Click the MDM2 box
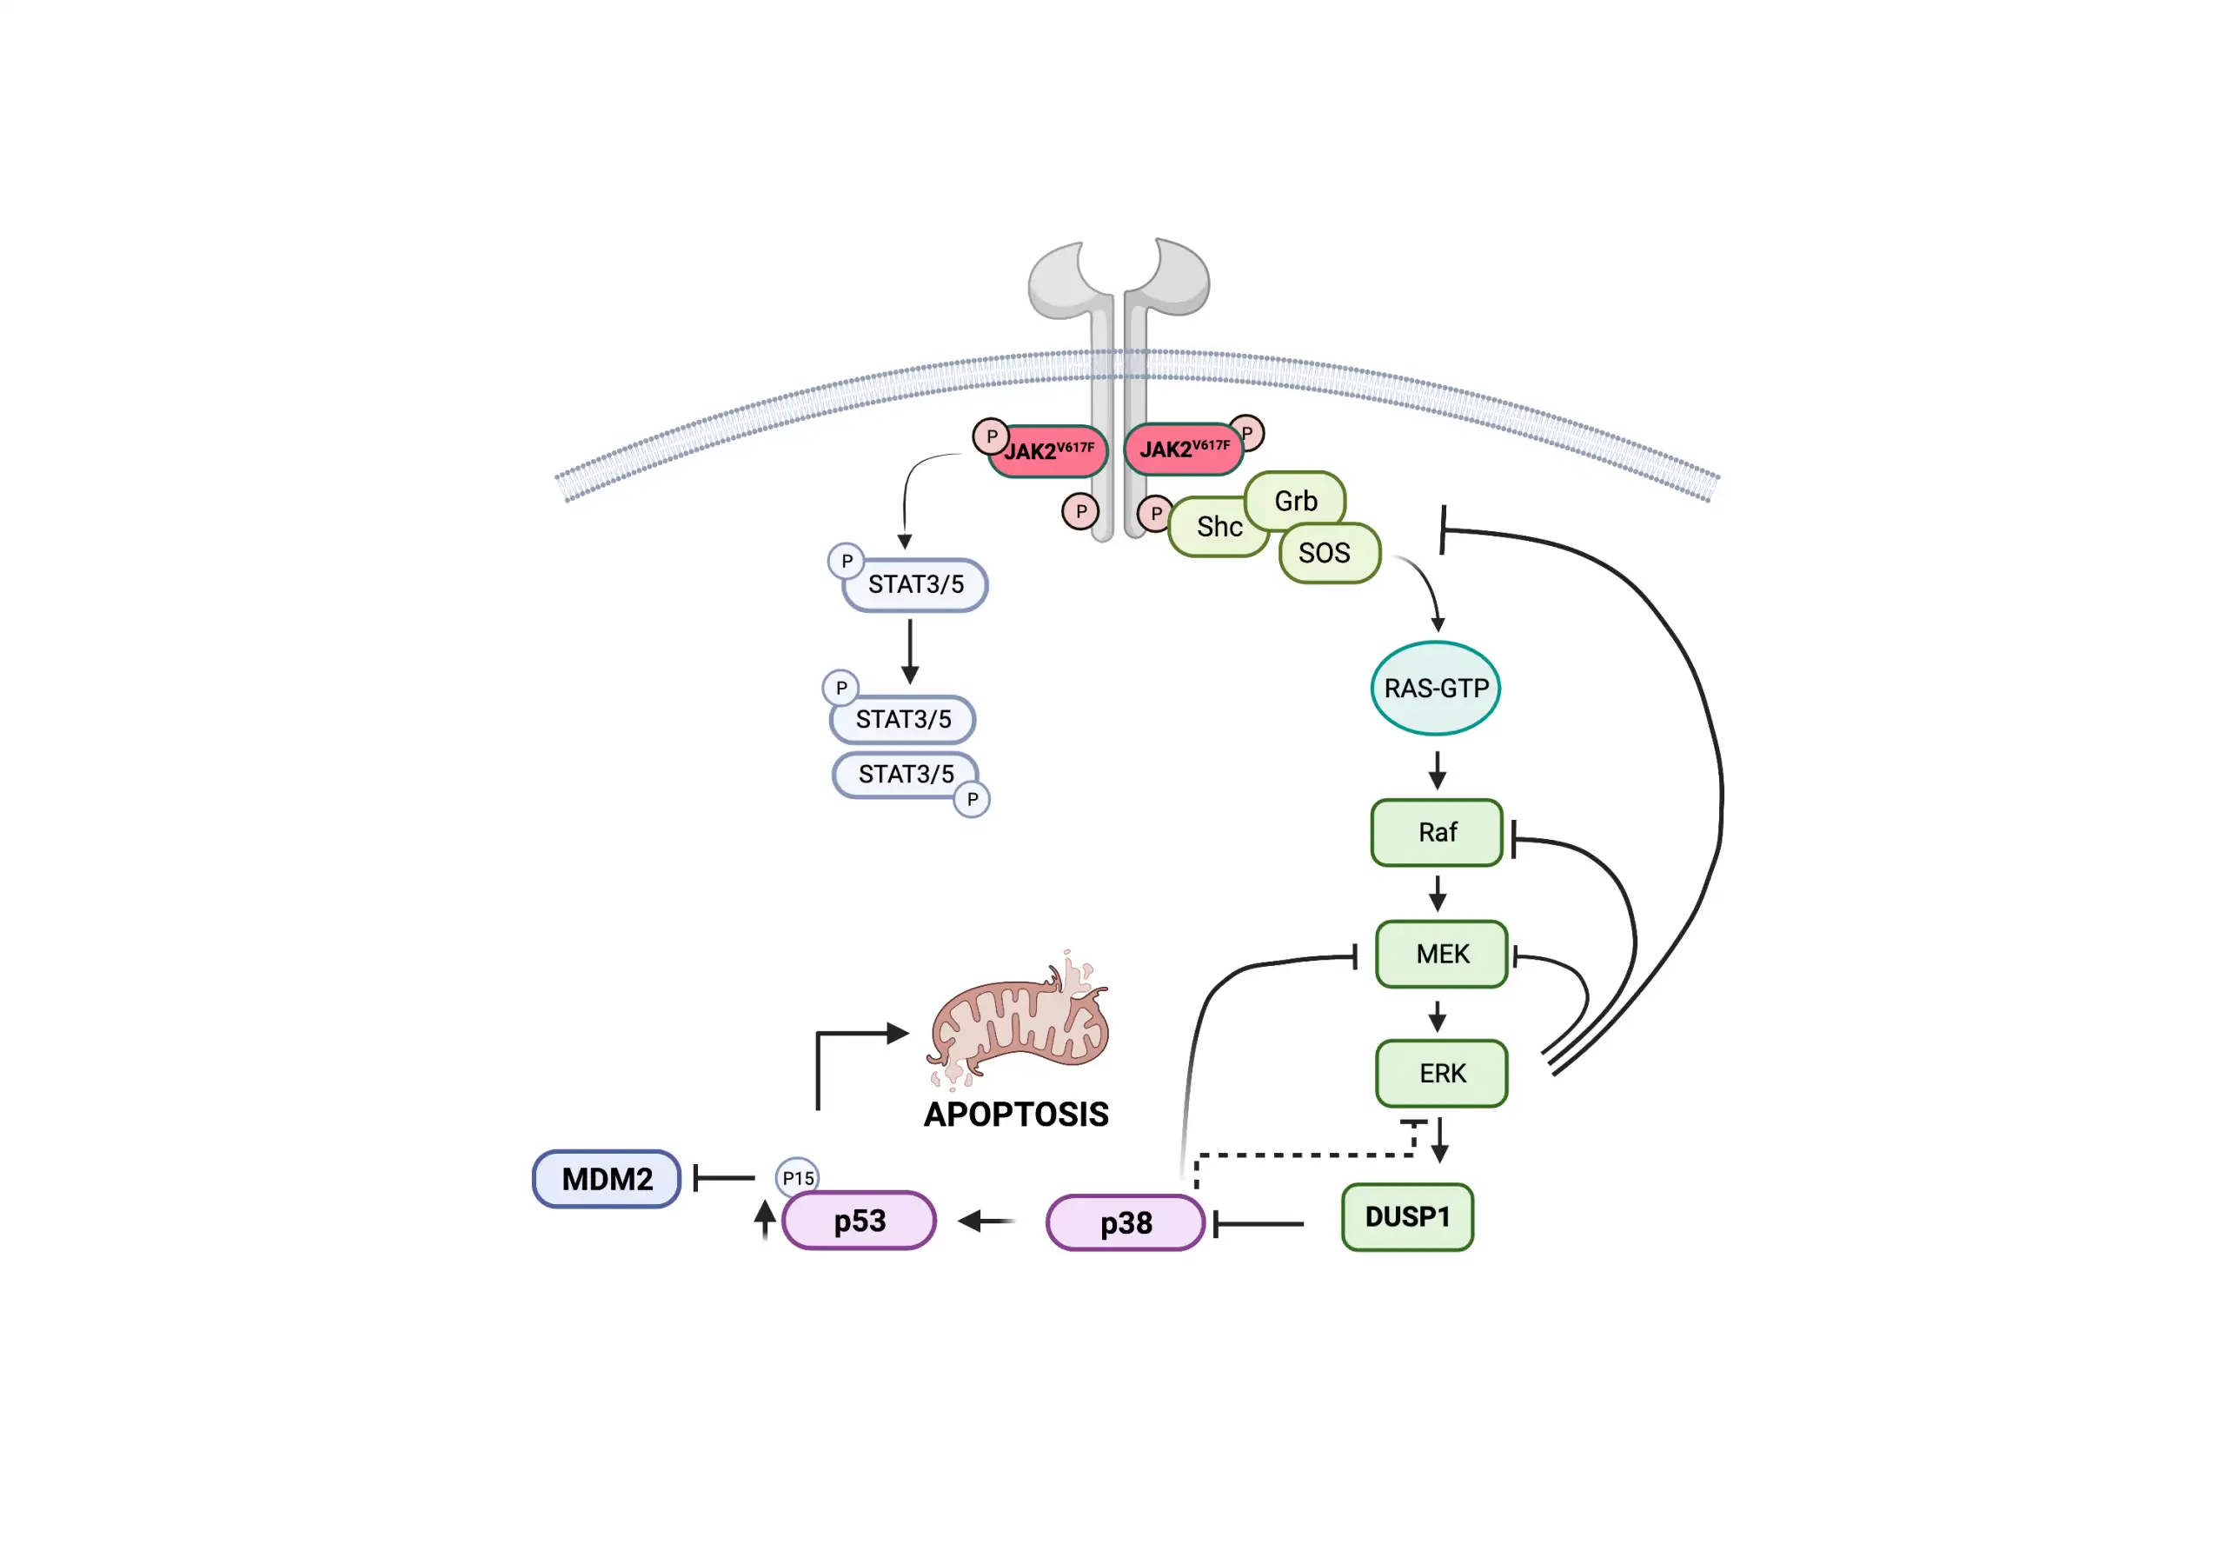(607, 1179)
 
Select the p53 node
(860, 1221)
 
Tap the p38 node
(1125, 1222)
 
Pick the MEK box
(1441, 954)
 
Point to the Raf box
(1438, 832)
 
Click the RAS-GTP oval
(1435, 689)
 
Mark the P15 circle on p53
(798, 1178)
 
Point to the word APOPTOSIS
(1016, 1114)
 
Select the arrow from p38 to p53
(986, 1221)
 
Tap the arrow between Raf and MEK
(1438, 893)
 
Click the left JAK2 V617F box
(1048, 452)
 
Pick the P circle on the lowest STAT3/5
(972, 800)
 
